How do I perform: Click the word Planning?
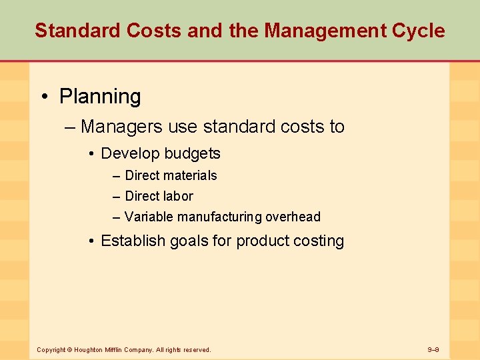[x=100, y=97]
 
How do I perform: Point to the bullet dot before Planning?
[x=44, y=97]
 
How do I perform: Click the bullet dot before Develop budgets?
[x=91, y=154]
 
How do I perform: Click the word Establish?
[x=129, y=241]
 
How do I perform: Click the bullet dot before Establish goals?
[x=91, y=241]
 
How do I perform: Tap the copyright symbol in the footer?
[x=69, y=349]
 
